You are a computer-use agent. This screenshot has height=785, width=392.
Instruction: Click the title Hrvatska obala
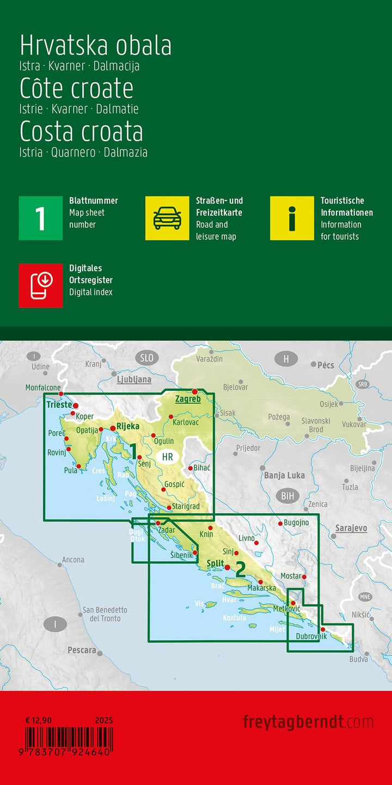pyautogui.click(x=96, y=46)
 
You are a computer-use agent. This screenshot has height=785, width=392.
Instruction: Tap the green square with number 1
pyautogui.click(x=41, y=218)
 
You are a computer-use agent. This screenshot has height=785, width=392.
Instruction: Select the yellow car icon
pyautogui.click(x=167, y=218)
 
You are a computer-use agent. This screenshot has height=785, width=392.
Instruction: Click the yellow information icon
pyautogui.click(x=292, y=218)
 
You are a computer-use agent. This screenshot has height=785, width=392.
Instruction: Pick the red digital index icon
pyautogui.click(x=41, y=285)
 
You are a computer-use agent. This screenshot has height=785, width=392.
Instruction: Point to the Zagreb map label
pyautogui.click(x=188, y=399)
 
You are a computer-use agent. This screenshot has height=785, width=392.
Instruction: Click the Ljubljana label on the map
pyautogui.click(x=134, y=380)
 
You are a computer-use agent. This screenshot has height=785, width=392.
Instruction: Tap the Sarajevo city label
pyautogui.click(x=351, y=528)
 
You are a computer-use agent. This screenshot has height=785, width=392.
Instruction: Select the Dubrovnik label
pyautogui.click(x=311, y=636)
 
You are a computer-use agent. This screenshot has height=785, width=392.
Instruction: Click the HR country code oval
pyautogui.click(x=168, y=457)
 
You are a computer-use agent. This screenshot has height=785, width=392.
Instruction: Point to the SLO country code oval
pyautogui.click(x=146, y=358)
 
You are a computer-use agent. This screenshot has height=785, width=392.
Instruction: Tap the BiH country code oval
pyautogui.click(x=287, y=496)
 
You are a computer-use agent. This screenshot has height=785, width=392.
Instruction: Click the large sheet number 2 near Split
pyautogui.click(x=240, y=569)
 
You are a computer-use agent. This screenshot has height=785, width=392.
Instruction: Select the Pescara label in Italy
pyautogui.click(x=82, y=650)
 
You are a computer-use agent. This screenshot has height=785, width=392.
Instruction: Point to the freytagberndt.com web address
pyautogui.click(x=308, y=722)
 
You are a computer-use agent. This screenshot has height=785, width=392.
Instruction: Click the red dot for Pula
pyautogui.click(x=79, y=466)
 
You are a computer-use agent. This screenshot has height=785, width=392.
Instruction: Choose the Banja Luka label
pyautogui.click(x=284, y=476)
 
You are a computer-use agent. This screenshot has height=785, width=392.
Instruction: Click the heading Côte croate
pyautogui.click(x=77, y=88)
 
